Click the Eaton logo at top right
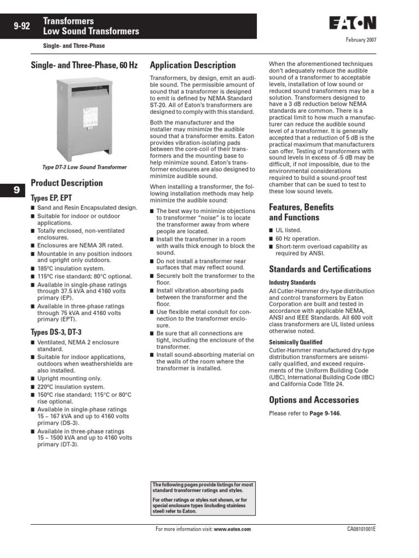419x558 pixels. pos(352,23)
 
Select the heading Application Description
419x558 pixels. pos(193,65)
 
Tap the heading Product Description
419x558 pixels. pos(67,183)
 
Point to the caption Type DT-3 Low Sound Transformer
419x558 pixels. pos(85,167)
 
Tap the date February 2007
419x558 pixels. pos(361,40)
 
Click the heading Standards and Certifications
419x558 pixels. pos(320,269)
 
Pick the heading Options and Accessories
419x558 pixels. pos(314,400)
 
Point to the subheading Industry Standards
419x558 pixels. pos(292,283)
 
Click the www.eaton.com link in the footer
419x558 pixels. pos(232,529)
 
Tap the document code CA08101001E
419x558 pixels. pos(361,529)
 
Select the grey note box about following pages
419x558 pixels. pos(202,498)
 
